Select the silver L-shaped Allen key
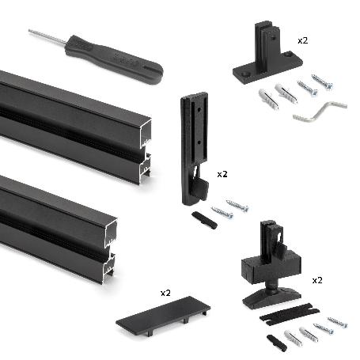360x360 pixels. (320, 111)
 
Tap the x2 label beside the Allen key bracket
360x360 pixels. (303, 39)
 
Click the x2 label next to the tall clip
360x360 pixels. (222, 173)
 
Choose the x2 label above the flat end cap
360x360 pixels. (165, 292)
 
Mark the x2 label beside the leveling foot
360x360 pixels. (317, 280)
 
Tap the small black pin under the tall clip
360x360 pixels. (204, 220)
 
